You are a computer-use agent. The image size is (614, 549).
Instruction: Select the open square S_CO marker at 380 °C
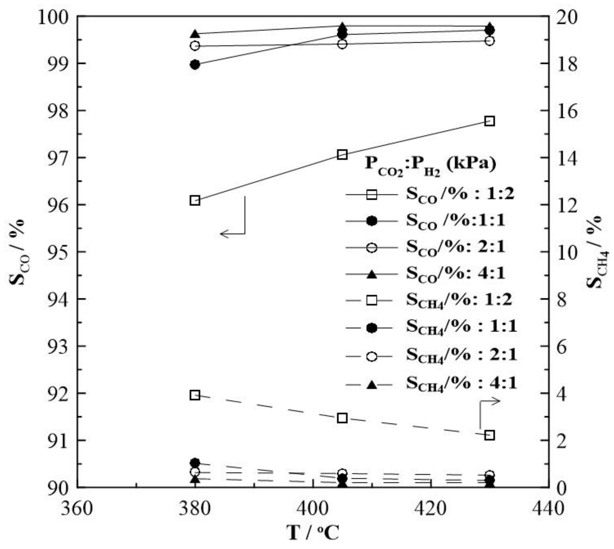click(195, 200)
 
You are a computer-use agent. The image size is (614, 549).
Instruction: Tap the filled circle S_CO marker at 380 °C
click(195, 64)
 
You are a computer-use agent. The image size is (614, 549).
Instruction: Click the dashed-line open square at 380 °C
click(195, 395)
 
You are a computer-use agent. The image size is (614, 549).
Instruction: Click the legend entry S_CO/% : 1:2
click(430, 195)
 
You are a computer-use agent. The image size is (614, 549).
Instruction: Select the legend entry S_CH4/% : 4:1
click(432, 384)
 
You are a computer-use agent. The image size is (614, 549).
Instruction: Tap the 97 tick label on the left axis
click(58, 158)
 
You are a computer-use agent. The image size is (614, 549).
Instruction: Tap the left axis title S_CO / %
click(18, 251)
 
